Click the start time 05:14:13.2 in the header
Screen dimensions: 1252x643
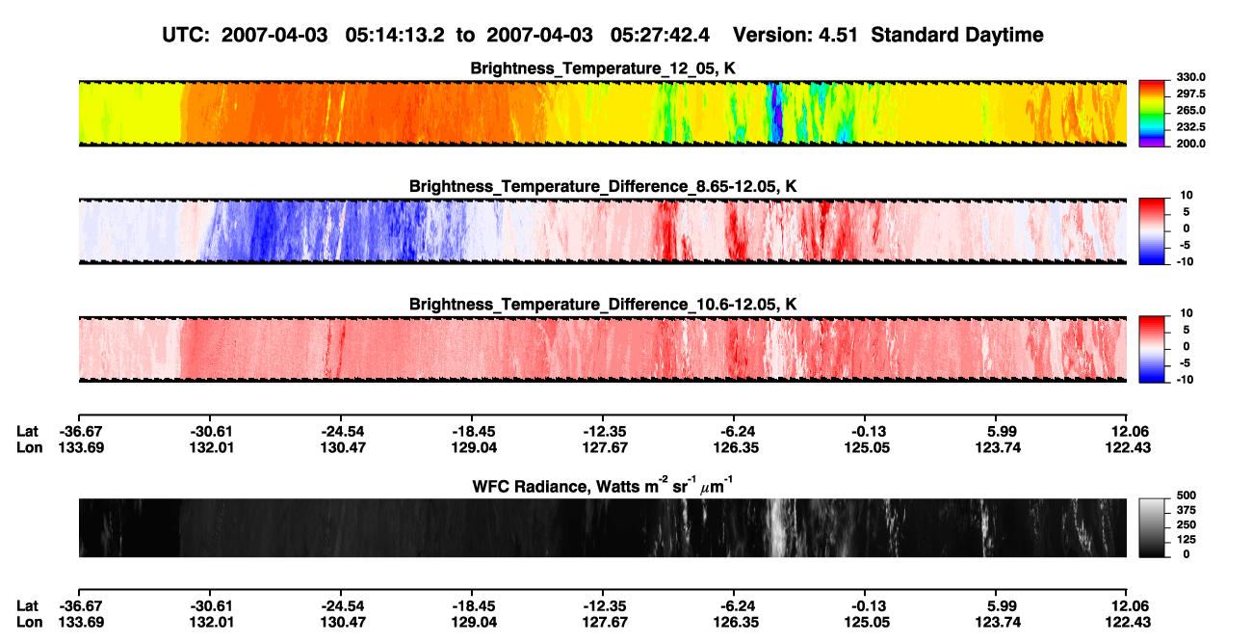click(395, 35)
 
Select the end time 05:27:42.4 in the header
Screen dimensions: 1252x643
click(660, 35)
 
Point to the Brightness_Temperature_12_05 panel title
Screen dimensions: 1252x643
click(603, 68)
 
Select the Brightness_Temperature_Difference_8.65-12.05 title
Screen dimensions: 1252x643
click(603, 186)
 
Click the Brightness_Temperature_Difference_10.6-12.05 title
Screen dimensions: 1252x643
click(603, 305)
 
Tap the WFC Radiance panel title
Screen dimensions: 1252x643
click(603, 486)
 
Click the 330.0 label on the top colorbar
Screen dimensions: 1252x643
click(1190, 77)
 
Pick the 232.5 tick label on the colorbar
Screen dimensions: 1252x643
click(1190, 127)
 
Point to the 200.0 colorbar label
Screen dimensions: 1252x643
click(1190, 144)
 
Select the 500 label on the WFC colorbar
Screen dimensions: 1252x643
click(1187, 496)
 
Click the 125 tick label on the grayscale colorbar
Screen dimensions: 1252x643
click(1187, 540)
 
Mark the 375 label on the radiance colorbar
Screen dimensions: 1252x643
click(1187, 510)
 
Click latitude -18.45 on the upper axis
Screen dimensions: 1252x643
click(472, 432)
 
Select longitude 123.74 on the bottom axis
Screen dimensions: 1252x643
click(999, 623)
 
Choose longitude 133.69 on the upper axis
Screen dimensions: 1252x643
click(81, 447)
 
